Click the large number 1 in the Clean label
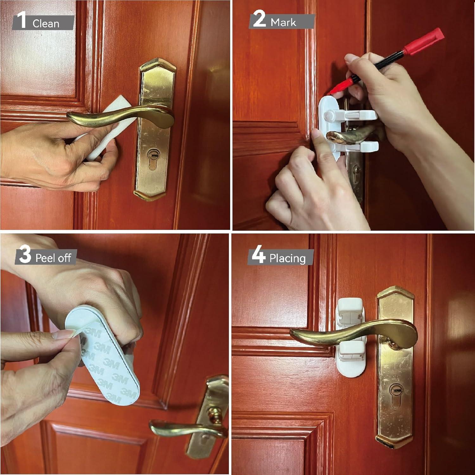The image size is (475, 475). coord(22,20)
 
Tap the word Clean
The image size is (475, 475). coord(46,24)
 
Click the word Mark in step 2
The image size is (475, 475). coord(283,22)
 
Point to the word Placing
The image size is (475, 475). coord(287,258)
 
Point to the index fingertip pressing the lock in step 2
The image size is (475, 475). coord(317,135)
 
